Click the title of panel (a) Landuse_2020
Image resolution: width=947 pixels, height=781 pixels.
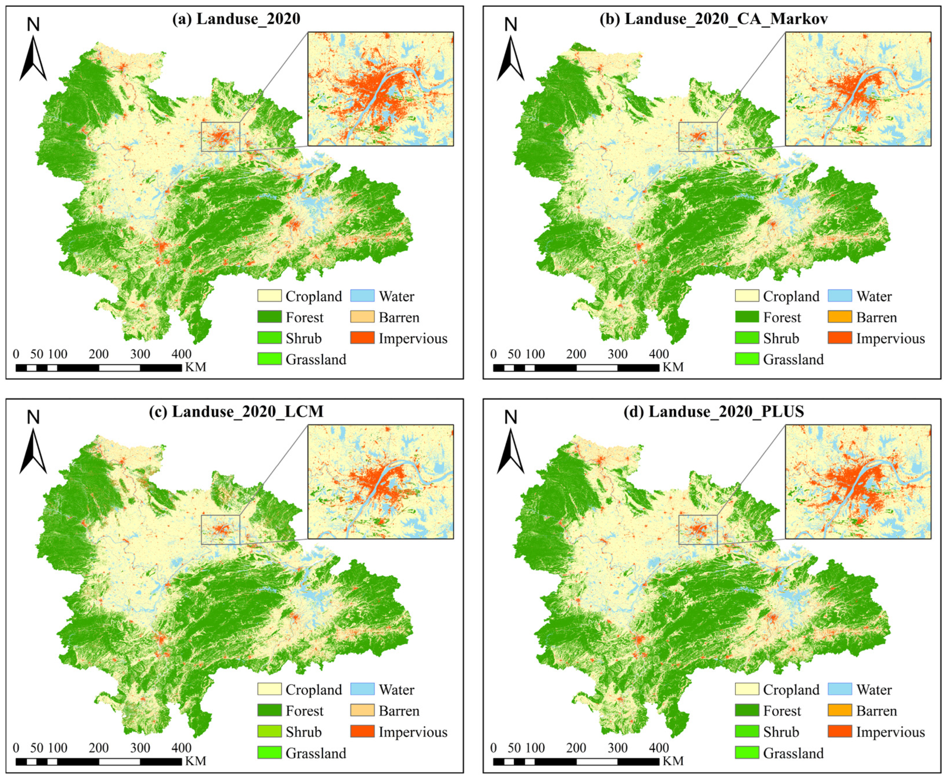(x=236, y=19)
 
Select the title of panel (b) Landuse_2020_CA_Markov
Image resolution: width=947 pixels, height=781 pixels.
(x=714, y=19)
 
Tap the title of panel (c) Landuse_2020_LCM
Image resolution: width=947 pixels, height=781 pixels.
(x=236, y=412)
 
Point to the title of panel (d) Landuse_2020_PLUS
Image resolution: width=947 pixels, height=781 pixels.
(x=714, y=412)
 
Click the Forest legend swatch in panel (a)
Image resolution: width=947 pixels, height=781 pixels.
(x=270, y=317)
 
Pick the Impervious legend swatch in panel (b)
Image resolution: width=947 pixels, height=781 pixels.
(x=839, y=338)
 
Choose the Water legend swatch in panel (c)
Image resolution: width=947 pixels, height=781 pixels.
(x=362, y=689)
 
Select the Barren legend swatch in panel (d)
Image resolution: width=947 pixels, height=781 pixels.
(x=839, y=710)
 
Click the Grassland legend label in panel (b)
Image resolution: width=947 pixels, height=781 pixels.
(x=793, y=359)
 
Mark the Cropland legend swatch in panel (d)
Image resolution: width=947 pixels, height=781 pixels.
(x=747, y=689)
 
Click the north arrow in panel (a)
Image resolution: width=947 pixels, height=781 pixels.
(x=33, y=58)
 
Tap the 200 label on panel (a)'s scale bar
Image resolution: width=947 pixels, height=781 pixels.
(x=99, y=354)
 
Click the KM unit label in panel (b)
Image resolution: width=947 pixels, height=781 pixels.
(x=673, y=367)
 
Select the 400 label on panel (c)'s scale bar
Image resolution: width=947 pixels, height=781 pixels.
(x=181, y=748)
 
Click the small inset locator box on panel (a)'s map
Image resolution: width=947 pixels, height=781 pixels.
(x=220, y=136)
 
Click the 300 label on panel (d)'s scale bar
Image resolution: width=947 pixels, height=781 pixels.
(x=617, y=748)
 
